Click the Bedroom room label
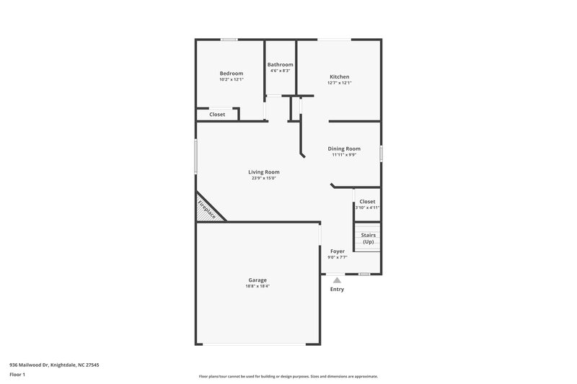point(232,73)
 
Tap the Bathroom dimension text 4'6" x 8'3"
point(280,71)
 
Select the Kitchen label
point(339,77)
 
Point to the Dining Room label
point(344,148)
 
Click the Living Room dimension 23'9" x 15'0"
point(264,178)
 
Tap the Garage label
point(257,280)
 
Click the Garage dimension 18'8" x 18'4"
point(257,286)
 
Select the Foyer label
point(337,251)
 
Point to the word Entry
point(337,290)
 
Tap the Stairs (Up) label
point(368,238)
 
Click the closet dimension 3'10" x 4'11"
point(367,207)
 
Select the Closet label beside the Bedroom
point(217,115)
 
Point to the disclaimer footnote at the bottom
point(288,376)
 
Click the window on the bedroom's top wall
point(230,40)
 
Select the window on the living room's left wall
point(196,156)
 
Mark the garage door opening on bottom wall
point(258,344)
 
